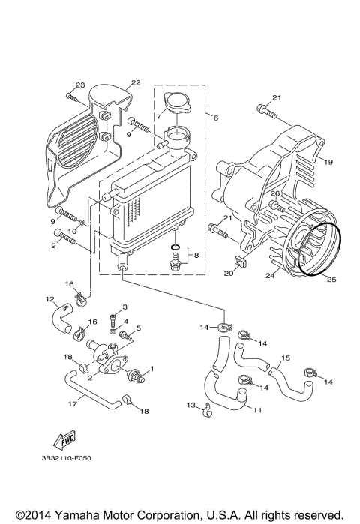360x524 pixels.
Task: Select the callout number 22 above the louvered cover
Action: pos(135,82)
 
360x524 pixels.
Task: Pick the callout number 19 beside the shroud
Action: pos(327,161)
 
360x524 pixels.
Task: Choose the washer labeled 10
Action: pos(83,224)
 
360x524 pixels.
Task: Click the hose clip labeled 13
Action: pos(208,409)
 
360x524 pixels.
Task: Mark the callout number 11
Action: pos(257,410)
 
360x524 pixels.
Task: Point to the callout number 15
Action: pos(284,358)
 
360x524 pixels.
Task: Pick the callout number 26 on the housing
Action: pos(275,194)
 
